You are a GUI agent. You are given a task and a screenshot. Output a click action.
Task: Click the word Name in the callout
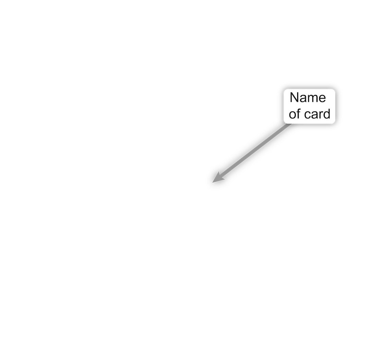tap(308, 97)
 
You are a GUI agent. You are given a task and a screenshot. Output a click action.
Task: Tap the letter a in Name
tap(303, 99)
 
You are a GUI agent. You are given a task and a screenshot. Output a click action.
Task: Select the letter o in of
tap(293, 115)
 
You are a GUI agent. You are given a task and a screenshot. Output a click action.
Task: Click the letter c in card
tap(307, 115)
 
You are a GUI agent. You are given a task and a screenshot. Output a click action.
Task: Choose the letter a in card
tap(314, 115)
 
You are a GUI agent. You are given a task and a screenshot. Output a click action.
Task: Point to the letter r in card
tap(320, 115)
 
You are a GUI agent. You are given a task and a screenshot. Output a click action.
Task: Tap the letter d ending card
tap(326, 114)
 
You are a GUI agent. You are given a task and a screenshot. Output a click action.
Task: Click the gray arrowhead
tap(218, 178)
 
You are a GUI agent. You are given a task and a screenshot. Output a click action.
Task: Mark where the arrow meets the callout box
tap(289, 124)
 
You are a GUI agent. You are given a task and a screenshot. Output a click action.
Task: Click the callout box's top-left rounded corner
tap(285, 91)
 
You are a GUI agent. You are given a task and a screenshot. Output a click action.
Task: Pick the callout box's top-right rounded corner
tap(334, 91)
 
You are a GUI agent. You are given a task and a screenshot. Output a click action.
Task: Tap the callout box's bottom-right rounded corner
tap(334, 122)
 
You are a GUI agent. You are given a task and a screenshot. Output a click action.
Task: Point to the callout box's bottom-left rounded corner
tap(285, 122)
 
